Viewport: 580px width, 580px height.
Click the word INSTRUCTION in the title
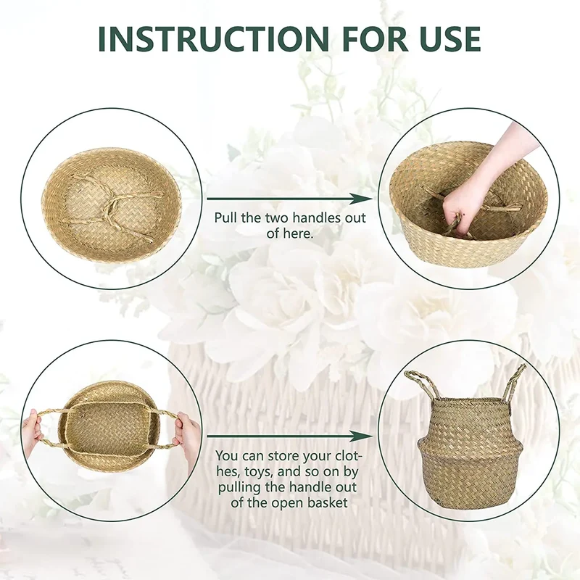click(x=213, y=38)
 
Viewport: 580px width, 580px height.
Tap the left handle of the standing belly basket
click(x=420, y=385)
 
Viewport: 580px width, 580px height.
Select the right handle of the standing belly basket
click(x=515, y=381)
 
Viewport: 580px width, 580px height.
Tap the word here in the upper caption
click(x=297, y=233)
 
